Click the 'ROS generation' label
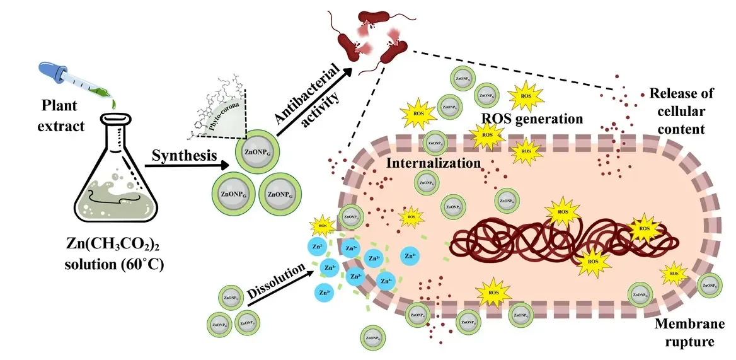(531, 118)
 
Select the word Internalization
(434, 163)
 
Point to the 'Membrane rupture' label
(684, 333)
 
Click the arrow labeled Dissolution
(280, 287)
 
